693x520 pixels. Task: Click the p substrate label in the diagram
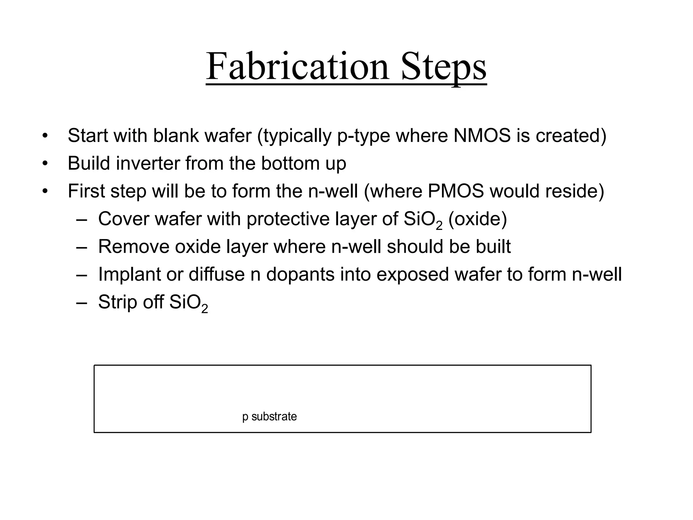(269, 416)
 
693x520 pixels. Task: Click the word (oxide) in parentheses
(477, 219)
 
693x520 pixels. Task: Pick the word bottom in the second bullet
(290, 163)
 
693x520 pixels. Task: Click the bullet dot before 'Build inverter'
(45, 164)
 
